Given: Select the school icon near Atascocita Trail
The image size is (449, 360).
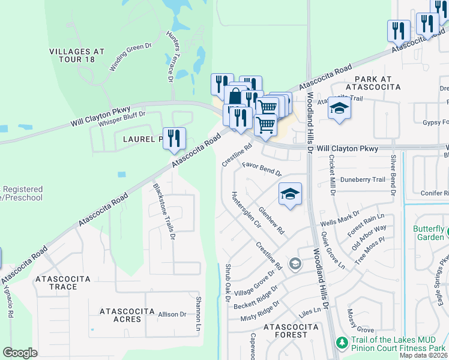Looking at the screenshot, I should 339,109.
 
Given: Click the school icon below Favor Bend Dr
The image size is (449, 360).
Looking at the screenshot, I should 290,194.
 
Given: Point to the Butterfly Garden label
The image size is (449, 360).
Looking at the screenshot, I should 429,233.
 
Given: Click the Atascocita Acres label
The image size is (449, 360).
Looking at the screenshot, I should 120,315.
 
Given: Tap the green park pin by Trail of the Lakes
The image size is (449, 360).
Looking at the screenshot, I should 342,343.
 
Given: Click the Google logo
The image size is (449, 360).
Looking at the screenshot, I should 20,353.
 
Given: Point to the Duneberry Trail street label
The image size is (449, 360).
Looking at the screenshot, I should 362,179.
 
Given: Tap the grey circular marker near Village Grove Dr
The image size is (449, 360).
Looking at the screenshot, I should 295,263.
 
